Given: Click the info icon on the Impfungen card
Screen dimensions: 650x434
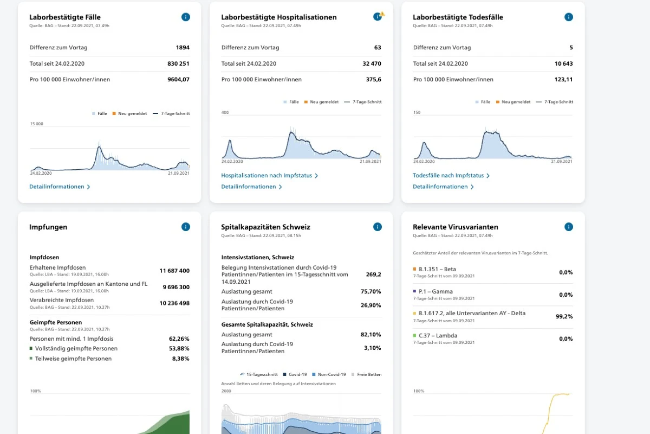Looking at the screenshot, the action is click(186, 227).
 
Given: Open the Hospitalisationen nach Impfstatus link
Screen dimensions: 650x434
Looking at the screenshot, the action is click(270, 176).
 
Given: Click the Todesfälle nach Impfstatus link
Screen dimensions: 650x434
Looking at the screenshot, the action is click(451, 176).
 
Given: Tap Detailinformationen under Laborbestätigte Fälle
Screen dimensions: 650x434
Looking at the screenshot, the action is click(60, 187).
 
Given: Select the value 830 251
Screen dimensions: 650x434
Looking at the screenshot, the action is click(178, 63).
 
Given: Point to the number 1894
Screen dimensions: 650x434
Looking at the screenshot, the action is click(183, 47).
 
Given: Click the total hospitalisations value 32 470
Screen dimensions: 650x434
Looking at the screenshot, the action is click(372, 63).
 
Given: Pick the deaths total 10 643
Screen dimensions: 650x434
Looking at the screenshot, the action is click(563, 63).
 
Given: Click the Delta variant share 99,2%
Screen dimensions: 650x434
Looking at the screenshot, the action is click(564, 317).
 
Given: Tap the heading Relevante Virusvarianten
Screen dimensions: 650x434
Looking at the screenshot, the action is click(456, 227).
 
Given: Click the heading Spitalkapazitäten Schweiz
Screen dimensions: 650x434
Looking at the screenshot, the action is click(265, 227).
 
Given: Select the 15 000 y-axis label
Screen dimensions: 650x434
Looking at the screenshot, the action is click(37, 124).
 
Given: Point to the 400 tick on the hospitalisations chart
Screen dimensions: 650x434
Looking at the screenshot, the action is click(225, 112).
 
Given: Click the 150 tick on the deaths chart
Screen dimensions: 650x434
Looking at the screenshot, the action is click(417, 112).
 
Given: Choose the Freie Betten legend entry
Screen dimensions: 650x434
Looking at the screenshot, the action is click(366, 374).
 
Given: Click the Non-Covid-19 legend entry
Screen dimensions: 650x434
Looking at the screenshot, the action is click(329, 374).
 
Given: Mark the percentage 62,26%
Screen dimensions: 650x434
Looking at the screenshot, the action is click(179, 339).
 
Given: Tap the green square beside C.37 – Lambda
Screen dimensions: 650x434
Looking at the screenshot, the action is click(415, 335).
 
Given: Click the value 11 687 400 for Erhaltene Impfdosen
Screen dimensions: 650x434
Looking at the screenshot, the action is click(174, 271).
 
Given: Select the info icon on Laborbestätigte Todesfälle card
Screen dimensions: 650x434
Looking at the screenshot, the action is click(568, 17).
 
